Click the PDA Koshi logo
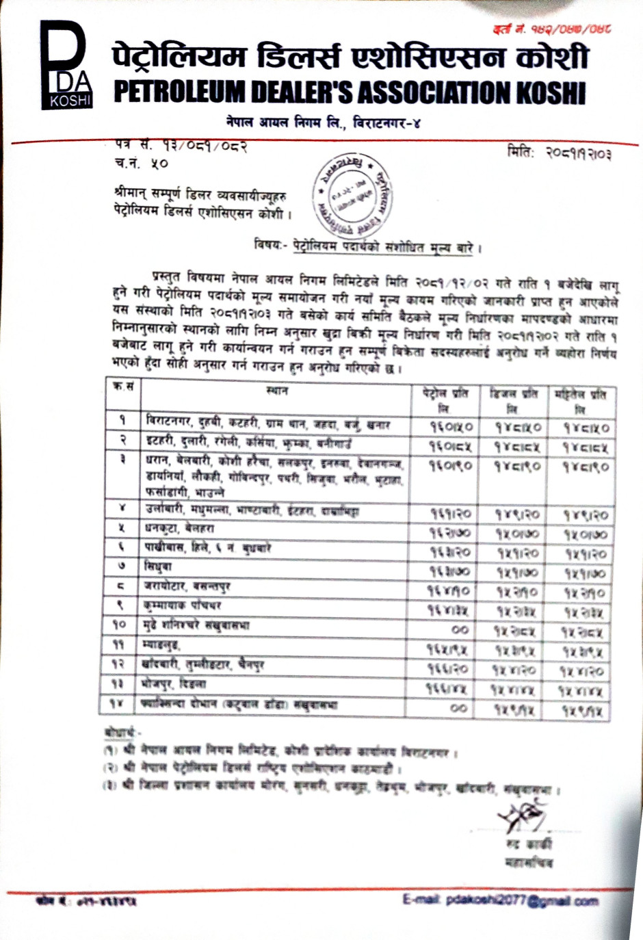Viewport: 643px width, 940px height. click(x=66, y=66)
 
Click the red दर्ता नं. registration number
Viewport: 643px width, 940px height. click(x=551, y=29)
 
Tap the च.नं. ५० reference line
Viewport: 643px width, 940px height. click(x=141, y=164)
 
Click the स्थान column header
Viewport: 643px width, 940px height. click(x=277, y=391)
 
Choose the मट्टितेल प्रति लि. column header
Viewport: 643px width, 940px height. click(x=581, y=400)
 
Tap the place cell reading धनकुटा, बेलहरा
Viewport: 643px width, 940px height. click(x=179, y=529)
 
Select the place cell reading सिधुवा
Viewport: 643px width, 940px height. click(x=158, y=567)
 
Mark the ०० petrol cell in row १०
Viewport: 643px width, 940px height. click(x=460, y=629)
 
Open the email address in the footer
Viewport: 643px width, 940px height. click(x=501, y=900)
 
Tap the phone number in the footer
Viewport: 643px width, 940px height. click(x=86, y=902)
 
